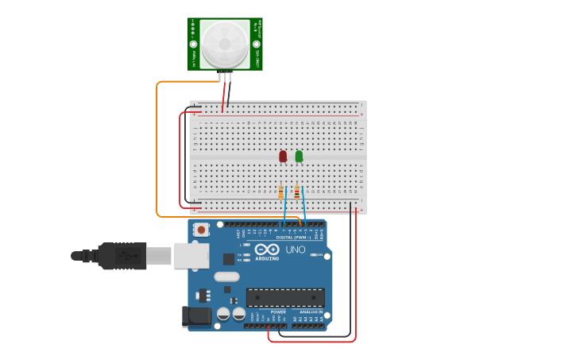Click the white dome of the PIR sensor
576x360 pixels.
pos(225,43)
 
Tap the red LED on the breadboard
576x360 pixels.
pos(283,156)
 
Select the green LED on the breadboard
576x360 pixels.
pos(299,156)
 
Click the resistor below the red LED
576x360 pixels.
pos(280,192)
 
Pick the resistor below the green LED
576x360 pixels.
pos(297,192)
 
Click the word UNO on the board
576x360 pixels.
pos(296,250)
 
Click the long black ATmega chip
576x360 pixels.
pos(285,297)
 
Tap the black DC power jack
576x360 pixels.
pos(196,316)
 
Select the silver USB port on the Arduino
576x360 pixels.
pos(191,255)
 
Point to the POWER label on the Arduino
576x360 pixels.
pos(278,312)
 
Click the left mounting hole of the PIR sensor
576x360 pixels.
pos(193,45)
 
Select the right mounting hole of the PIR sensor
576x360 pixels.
pos(257,45)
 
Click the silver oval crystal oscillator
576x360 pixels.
pos(226,277)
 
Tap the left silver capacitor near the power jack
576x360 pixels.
pos(223,314)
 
